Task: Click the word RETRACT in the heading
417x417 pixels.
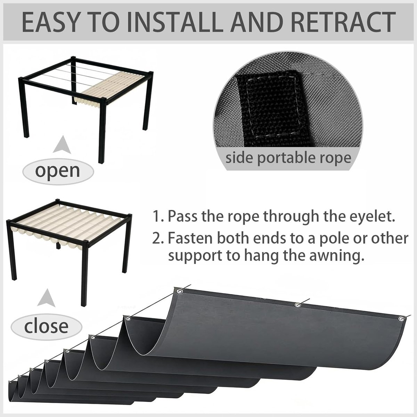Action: coord(342,23)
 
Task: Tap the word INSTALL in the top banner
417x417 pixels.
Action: coord(173,23)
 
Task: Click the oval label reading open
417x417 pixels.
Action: coord(58,171)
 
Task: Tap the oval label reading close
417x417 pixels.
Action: coord(46,327)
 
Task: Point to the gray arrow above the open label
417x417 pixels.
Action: coord(62,145)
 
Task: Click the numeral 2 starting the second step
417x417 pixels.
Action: coord(156,238)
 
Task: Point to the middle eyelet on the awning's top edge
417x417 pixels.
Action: coord(297,305)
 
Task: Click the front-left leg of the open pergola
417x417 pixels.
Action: coord(26,108)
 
